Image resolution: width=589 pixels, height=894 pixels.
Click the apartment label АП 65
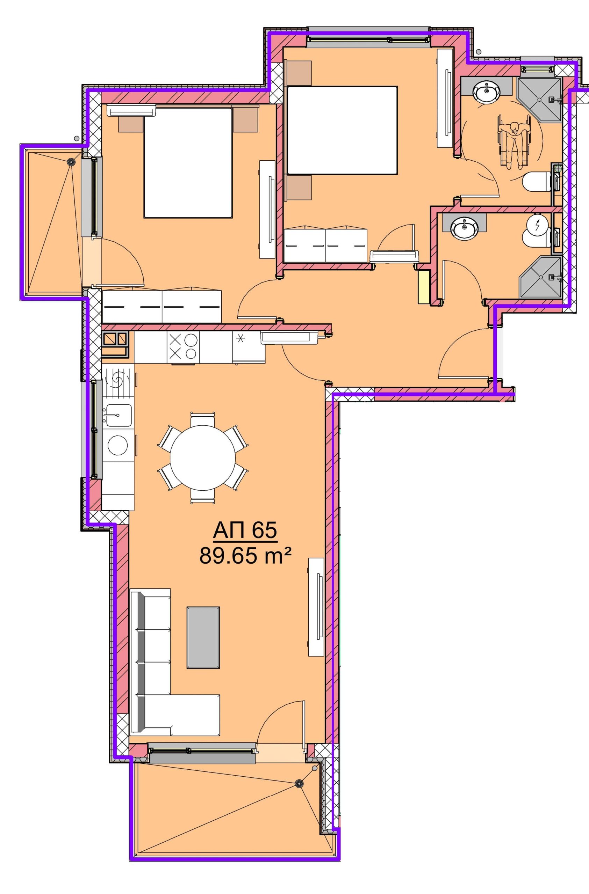tap(245, 531)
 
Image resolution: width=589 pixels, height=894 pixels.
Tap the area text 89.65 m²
tap(246, 556)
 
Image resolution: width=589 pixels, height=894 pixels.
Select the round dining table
tap(203, 458)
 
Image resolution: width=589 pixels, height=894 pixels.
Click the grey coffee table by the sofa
tap(203, 637)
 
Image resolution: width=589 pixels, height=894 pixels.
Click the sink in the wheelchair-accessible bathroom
tap(487, 90)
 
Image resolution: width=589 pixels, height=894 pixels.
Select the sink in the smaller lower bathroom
tap(465, 227)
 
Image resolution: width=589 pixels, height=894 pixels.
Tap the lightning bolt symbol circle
tap(538, 225)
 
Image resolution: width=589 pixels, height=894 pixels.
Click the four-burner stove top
tap(183, 347)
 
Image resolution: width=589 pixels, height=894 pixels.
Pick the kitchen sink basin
tap(119, 416)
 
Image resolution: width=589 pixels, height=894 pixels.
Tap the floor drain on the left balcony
tap(70, 162)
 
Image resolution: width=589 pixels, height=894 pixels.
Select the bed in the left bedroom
tap(188, 163)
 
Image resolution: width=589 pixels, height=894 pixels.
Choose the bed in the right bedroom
tap(342, 130)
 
